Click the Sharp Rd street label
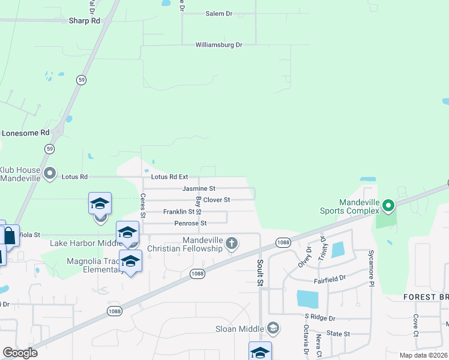point(83,20)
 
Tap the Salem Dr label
point(218,13)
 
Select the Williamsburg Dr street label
point(218,45)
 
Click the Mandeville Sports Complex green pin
point(388,207)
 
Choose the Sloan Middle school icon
point(273,328)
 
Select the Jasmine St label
point(199,188)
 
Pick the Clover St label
point(217,200)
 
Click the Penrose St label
point(190,223)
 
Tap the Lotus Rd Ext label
point(170,177)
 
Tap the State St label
point(339,334)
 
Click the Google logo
point(20,352)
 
